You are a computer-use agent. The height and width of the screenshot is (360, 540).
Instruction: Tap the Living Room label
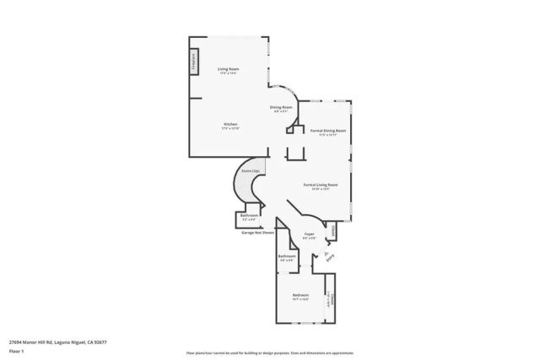[228, 68]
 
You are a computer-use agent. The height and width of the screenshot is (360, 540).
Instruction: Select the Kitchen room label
[230, 125]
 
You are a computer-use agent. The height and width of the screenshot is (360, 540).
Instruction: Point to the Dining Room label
[281, 107]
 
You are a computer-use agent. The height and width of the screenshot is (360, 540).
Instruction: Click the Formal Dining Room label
[328, 131]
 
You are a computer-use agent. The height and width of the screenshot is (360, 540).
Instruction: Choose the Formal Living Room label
[321, 184]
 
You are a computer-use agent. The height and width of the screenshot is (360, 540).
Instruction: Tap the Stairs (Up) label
[250, 170]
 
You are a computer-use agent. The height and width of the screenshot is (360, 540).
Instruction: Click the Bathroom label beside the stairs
[249, 215]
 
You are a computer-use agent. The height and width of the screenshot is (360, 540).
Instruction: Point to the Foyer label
[310, 234]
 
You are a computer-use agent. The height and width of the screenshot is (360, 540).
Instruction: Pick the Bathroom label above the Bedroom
[288, 255]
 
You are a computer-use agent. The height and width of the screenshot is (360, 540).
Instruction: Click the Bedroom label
[300, 295]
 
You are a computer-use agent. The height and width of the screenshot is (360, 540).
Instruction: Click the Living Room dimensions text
[228, 73]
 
